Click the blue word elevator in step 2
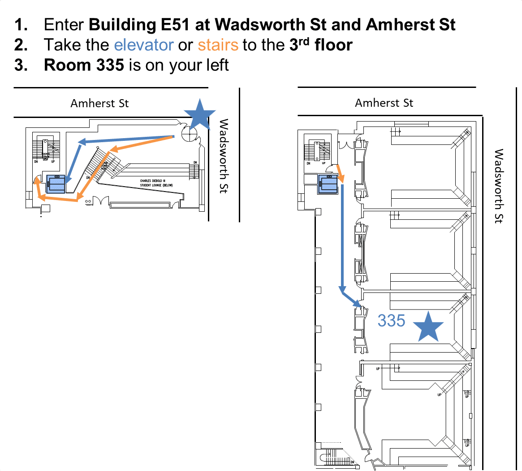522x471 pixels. pyautogui.click(x=144, y=45)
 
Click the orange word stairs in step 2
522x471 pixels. pyautogui.click(x=218, y=45)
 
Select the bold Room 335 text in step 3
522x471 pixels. pyautogui.click(x=84, y=65)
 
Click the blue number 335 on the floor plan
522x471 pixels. pyautogui.click(x=391, y=321)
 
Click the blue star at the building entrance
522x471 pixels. pyautogui.click(x=199, y=114)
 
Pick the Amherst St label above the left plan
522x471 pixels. pyautogui.click(x=99, y=104)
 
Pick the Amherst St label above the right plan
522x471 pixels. pyautogui.click(x=384, y=103)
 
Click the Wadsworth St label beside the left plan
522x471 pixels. pyautogui.click(x=224, y=156)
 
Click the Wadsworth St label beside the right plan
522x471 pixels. pyautogui.click(x=498, y=186)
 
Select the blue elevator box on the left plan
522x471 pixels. pyautogui.click(x=56, y=184)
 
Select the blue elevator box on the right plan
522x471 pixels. pyautogui.click(x=328, y=184)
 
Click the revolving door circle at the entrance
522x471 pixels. pyautogui.click(x=189, y=133)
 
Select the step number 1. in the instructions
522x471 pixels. pyautogui.click(x=22, y=24)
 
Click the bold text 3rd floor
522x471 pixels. pyautogui.click(x=321, y=45)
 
